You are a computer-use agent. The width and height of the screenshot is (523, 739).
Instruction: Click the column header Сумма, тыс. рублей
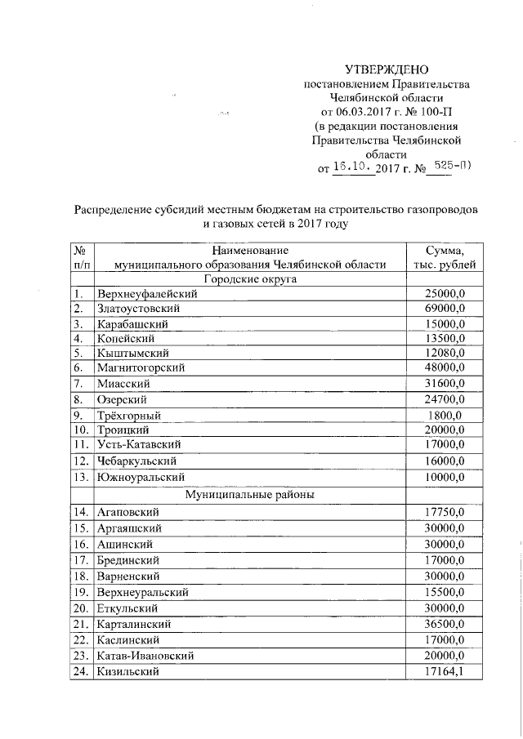[x=445, y=257]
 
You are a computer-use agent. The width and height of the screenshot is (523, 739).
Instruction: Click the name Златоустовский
[x=137, y=309]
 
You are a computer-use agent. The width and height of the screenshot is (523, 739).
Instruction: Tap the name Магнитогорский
[x=141, y=367]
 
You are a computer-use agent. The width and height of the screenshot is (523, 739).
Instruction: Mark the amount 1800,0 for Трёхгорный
[x=445, y=416]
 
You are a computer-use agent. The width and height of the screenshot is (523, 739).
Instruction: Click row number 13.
[x=80, y=477]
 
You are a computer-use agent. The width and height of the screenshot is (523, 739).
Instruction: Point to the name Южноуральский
[x=140, y=477]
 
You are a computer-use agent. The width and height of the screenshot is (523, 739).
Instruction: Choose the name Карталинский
[x=135, y=624]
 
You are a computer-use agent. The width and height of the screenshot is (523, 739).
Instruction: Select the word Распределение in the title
[x=114, y=209]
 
